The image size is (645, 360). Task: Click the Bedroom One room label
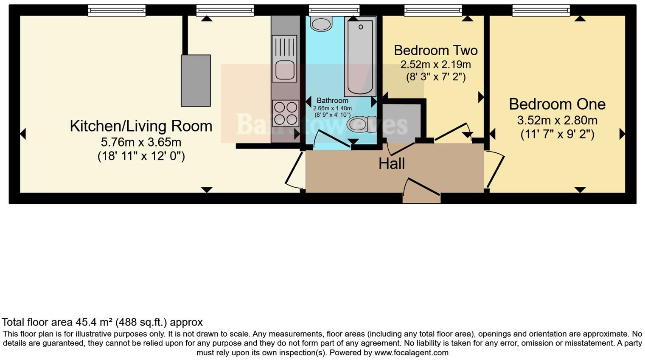[x=557, y=104]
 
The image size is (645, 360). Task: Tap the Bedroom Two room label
[x=435, y=51]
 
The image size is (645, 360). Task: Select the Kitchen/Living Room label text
[x=141, y=126]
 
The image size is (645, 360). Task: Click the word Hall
[x=391, y=163]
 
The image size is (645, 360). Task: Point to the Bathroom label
[x=332, y=101]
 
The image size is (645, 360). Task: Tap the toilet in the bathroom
[x=361, y=124]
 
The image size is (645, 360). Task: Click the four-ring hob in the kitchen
[x=285, y=113]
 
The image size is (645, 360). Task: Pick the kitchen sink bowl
[x=284, y=71]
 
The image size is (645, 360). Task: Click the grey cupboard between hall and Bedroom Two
[x=401, y=122]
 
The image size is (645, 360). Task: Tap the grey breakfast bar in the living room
[x=196, y=81]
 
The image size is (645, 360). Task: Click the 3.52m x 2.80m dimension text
[x=557, y=121]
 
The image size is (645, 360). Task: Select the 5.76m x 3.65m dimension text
[x=141, y=142]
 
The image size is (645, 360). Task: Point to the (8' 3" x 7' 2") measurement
[x=435, y=77]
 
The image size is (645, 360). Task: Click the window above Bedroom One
[x=541, y=10]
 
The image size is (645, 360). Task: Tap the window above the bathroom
[x=334, y=10]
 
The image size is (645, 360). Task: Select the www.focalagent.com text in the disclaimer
[x=411, y=353]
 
